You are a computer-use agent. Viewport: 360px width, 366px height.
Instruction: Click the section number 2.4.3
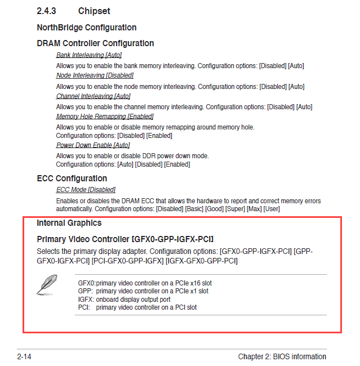click(48, 11)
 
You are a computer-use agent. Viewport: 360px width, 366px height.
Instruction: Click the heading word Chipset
click(95, 11)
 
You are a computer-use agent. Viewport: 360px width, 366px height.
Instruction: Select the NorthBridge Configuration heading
click(86, 28)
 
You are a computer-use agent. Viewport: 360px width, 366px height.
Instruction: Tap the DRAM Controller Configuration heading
click(95, 43)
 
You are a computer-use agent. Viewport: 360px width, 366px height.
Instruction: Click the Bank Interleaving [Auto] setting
click(89, 55)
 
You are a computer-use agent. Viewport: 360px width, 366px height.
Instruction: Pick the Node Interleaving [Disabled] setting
click(95, 75)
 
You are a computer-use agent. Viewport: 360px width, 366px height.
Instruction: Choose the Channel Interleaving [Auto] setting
click(94, 96)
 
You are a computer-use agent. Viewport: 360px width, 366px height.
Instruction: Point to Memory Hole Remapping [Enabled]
click(105, 117)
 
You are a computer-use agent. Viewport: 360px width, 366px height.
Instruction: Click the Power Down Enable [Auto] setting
click(93, 145)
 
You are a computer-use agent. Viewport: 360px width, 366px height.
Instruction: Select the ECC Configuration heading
click(72, 178)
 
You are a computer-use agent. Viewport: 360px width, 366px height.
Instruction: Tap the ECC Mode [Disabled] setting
click(86, 190)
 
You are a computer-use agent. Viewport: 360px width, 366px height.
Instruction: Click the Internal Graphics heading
click(69, 223)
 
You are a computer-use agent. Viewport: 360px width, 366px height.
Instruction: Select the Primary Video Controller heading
click(125, 239)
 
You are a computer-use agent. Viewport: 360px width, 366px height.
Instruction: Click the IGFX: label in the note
click(86, 300)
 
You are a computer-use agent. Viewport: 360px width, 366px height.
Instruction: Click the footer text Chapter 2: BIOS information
click(282, 356)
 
